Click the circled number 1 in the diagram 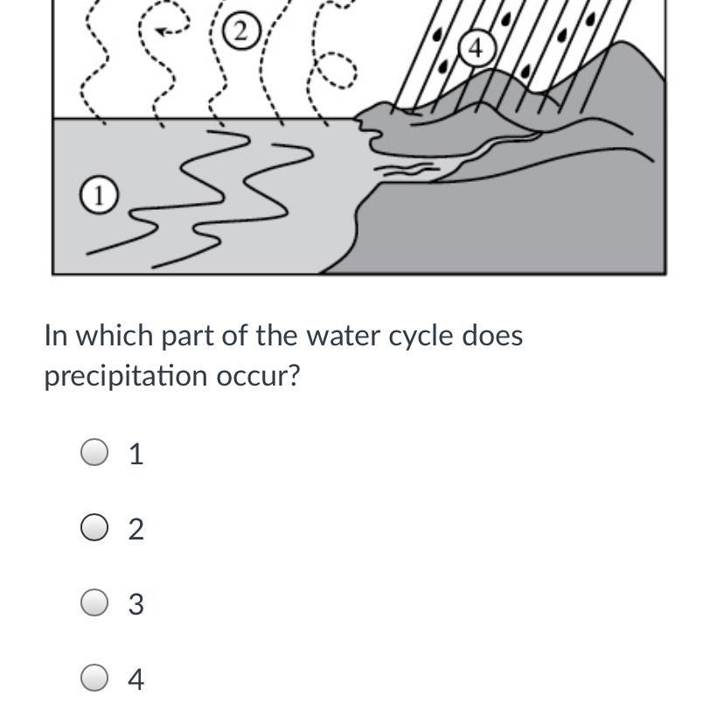click(99, 194)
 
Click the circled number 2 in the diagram click(241, 31)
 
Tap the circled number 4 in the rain click(477, 47)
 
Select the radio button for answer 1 click(94, 452)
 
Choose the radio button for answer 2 click(94, 527)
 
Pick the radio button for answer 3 click(94, 602)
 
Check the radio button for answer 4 click(94, 678)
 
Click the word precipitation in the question click(126, 376)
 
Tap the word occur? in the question click(259, 376)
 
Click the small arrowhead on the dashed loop click(162, 31)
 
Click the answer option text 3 click(136, 604)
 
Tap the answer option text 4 click(136, 679)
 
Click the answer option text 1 click(136, 454)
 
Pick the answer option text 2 click(136, 529)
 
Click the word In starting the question click(56, 335)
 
